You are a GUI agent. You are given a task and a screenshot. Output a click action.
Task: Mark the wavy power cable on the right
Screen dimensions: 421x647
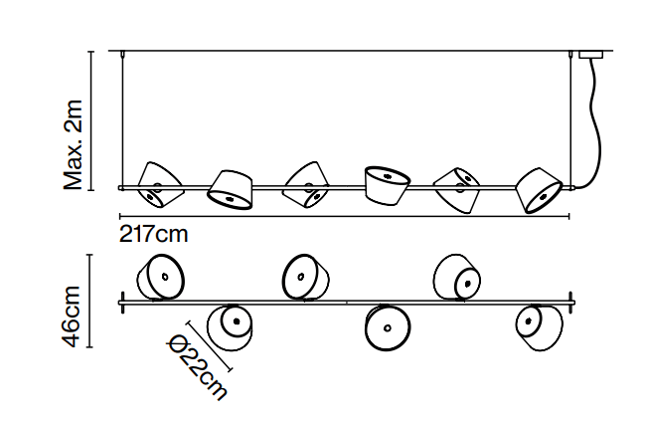point(598,119)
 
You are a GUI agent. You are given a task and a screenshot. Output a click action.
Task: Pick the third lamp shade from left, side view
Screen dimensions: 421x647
point(307,184)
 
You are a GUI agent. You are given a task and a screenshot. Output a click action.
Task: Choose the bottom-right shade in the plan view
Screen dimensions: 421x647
point(534,324)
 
